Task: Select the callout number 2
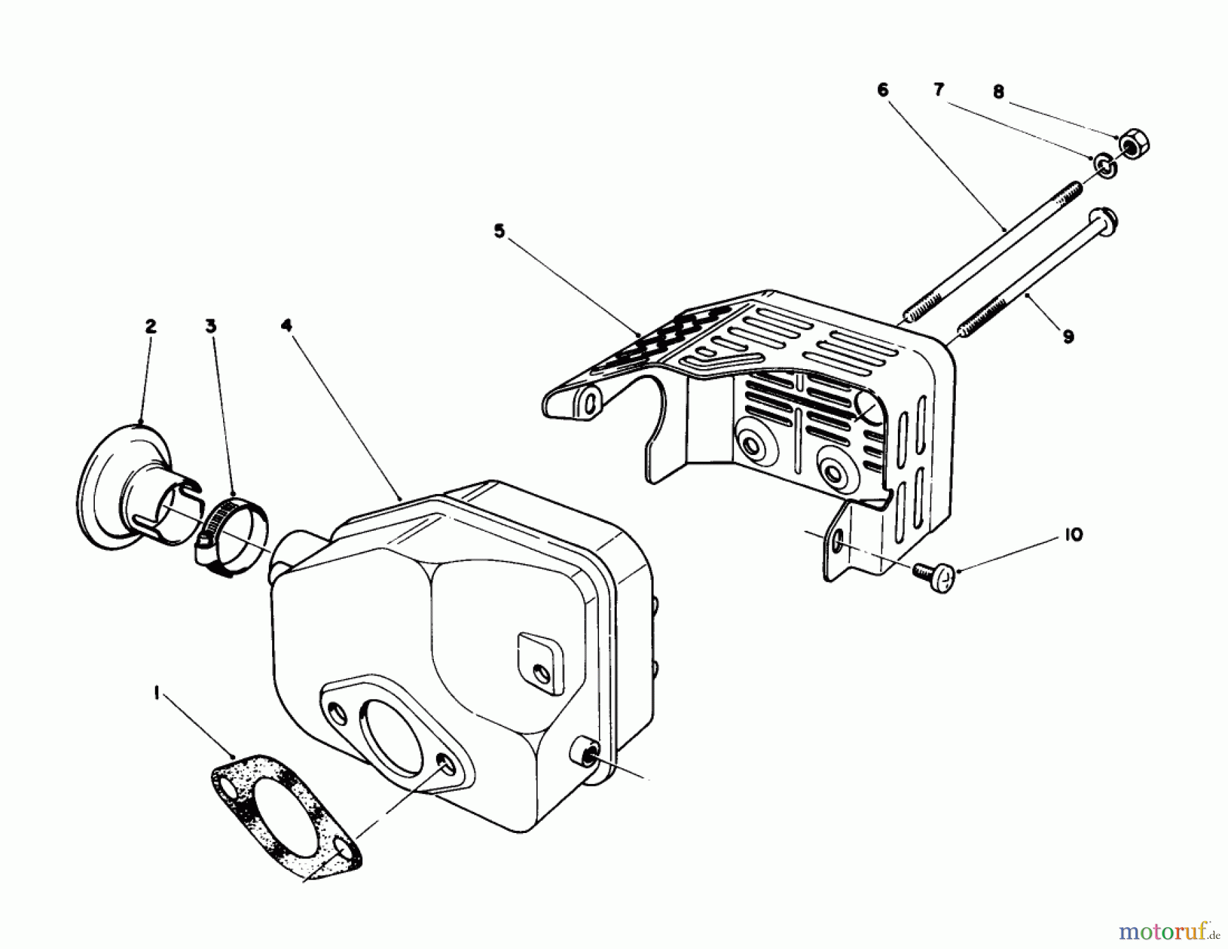tap(150, 326)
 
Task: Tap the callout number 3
tap(211, 326)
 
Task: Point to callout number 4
tap(287, 326)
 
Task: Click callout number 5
tap(499, 231)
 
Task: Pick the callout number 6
tap(883, 90)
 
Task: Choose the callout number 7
tap(939, 90)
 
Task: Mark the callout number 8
tap(998, 91)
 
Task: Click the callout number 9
tap(1068, 336)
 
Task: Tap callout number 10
tap(1072, 535)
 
